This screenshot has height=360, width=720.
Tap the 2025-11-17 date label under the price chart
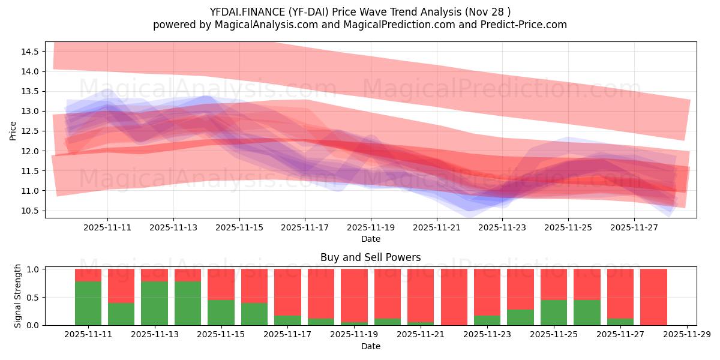305,228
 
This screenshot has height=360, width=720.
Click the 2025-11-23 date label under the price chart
502,228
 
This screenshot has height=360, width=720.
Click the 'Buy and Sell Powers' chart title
370,257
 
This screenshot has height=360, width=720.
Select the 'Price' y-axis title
13,130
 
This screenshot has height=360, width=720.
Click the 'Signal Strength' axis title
18,296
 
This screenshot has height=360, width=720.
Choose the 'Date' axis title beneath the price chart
370,239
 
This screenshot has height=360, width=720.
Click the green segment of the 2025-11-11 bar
88,303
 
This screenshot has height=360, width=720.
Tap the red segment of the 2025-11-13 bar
154,275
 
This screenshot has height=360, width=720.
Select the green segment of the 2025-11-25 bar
553,312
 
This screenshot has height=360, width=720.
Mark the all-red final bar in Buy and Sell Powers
653,297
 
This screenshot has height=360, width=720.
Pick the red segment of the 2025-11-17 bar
287,291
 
